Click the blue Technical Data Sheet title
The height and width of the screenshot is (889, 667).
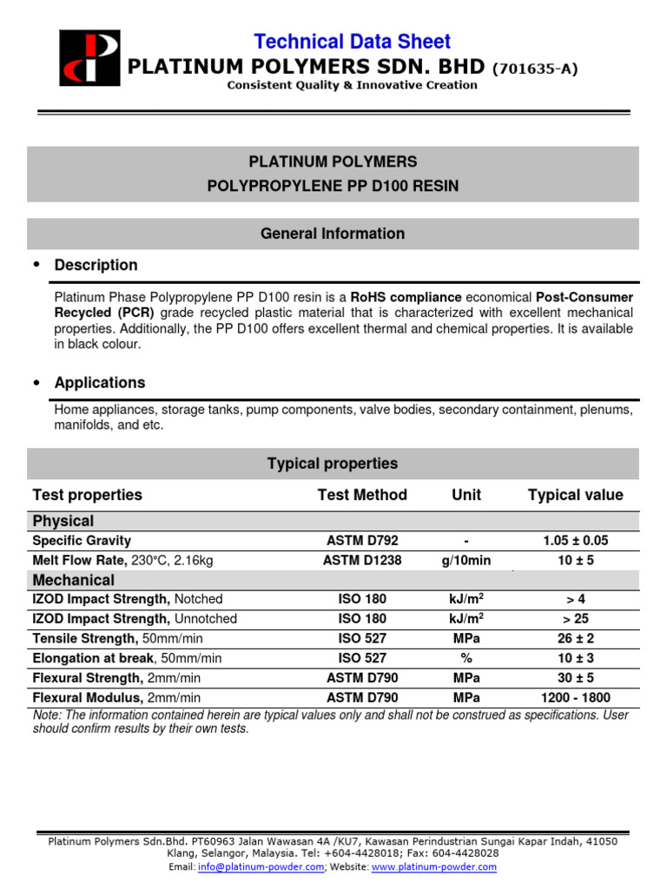352,41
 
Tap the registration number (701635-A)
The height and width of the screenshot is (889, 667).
535,68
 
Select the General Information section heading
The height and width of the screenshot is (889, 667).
333,234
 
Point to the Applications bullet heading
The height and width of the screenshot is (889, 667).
99,383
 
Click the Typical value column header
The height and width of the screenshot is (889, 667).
575,495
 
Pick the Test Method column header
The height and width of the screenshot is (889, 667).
362,495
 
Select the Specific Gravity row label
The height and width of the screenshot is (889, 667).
81,540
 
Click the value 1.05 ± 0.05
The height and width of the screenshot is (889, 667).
576,540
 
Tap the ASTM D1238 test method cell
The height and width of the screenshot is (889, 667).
362,560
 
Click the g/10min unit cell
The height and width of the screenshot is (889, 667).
466,560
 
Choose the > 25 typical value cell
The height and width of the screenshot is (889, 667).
576,619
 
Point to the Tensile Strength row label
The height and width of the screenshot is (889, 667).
84,638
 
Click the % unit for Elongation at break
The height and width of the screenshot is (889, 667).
466,658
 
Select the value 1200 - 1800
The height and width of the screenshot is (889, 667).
576,697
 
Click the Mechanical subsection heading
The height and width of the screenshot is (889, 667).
74,580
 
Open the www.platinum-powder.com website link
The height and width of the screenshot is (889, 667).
433,866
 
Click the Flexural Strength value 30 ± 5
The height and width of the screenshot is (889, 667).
576,678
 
